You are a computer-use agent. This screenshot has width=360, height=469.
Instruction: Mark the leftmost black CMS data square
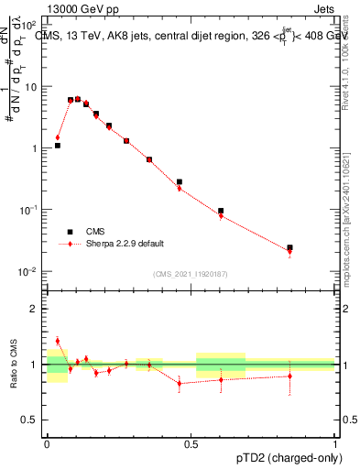click(x=57, y=145)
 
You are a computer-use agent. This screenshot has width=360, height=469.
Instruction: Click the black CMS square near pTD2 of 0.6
click(x=221, y=211)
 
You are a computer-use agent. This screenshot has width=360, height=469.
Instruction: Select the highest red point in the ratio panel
click(x=57, y=341)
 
